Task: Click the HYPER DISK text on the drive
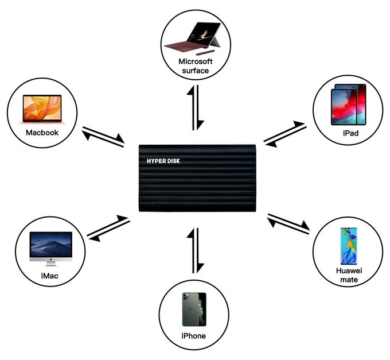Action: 163,161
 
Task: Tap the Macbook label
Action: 42,133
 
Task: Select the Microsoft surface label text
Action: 196,66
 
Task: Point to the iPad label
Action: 350,133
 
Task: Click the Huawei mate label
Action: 349,275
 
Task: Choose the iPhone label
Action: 193,336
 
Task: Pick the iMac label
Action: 49,276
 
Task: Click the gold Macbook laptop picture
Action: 42,109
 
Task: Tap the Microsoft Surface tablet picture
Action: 193,37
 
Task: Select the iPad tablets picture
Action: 349,104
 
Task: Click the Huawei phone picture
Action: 349,246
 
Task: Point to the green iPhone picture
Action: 194,309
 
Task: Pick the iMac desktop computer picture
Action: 50,249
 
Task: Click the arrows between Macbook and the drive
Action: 103,137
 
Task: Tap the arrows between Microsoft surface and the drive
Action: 196,107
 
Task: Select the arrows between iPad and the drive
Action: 285,134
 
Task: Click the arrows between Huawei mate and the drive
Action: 288,224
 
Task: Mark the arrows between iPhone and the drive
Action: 196,250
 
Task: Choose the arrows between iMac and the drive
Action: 108,229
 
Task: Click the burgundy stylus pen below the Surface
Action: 205,52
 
